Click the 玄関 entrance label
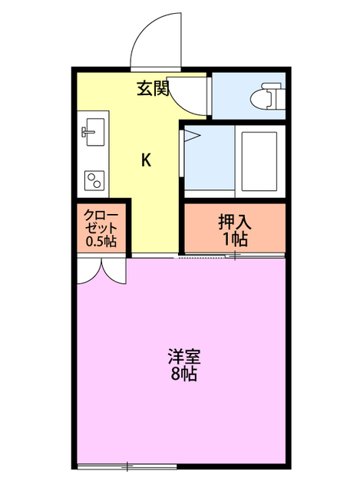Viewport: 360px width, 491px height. (153, 89)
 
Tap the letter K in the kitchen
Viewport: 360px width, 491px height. (146, 160)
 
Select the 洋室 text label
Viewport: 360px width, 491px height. (184, 357)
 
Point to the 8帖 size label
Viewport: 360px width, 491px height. (184, 375)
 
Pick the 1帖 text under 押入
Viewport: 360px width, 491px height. (234, 239)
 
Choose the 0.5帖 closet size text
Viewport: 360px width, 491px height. (101, 242)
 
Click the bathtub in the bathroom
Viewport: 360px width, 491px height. (259, 161)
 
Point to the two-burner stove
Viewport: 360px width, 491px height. (94, 181)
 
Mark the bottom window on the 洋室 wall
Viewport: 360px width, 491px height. (127, 465)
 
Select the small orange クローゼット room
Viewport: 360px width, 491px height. (101, 228)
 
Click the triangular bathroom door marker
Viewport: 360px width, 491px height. (190, 136)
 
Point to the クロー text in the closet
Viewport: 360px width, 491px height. (101, 214)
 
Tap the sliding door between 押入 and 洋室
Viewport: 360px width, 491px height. (230, 256)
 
